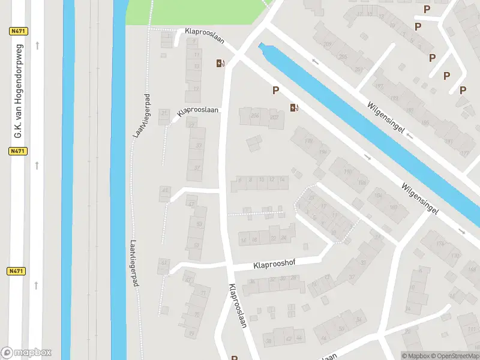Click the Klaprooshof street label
click(x=274, y=263)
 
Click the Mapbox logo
click(x=26, y=352)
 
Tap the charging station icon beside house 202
click(x=294, y=108)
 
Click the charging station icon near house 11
click(x=220, y=63)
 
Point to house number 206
click(x=254, y=116)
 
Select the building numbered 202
click(x=275, y=117)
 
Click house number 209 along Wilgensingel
click(x=328, y=44)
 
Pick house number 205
click(x=343, y=57)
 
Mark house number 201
click(x=358, y=70)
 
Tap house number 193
click(x=394, y=99)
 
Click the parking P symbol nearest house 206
click(x=276, y=91)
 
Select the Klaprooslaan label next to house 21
click(x=199, y=112)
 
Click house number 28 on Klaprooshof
click(x=293, y=278)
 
